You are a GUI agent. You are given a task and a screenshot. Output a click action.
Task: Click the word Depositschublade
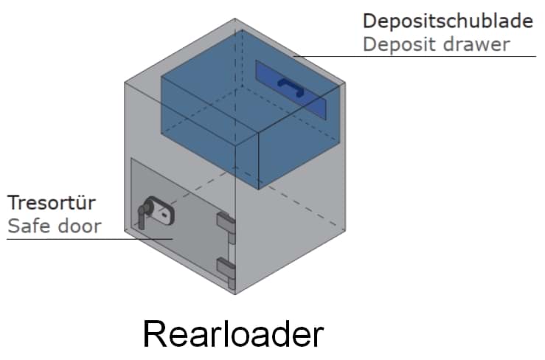[x=448, y=21]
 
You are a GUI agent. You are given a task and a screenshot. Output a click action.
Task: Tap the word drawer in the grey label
[x=481, y=44]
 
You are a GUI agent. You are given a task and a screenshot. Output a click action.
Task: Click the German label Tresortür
[x=52, y=201]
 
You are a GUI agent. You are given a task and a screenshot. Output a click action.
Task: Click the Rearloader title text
[x=232, y=334]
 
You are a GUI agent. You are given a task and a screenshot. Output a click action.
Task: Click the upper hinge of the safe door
[x=225, y=225]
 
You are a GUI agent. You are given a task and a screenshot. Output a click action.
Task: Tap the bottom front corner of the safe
[x=235, y=294]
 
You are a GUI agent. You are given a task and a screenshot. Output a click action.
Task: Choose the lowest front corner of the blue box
[x=259, y=188]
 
